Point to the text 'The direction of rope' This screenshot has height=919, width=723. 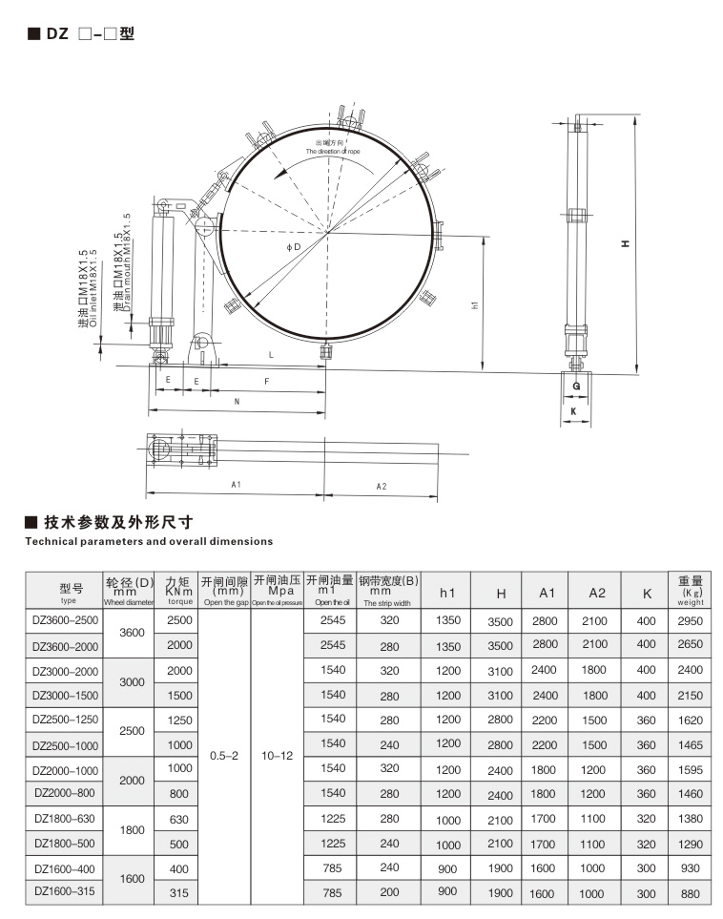click(x=333, y=152)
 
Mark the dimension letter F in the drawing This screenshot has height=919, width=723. click(x=266, y=381)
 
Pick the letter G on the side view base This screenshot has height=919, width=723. click(x=576, y=386)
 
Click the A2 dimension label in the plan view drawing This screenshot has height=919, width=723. click(x=381, y=486)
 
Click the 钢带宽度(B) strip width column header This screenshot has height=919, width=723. click(x=388, y=591)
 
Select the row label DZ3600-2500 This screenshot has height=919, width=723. click(x=64, y=620)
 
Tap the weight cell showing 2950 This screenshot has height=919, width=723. click(x=691, y=620)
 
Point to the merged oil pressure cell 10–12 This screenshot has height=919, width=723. click(x=277, y=755)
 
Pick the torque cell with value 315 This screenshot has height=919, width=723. click(x=179, y=893)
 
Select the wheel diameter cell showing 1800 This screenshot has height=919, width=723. click(x=131, y=830)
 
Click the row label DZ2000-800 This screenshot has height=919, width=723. click(x=64, y=792)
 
